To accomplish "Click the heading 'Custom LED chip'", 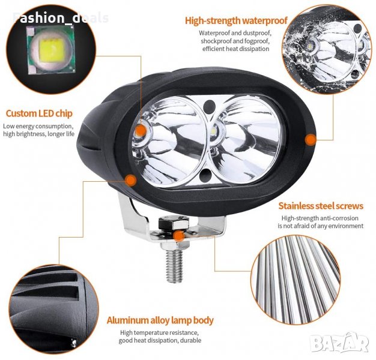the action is pos(39,113).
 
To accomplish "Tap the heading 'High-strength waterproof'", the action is pos(236,20).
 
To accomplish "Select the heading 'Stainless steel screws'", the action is pos(321,206).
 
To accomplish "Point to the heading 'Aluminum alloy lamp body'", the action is pos(160,320).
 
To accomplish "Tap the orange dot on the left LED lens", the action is pos(141,131).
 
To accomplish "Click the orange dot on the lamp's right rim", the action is pos(311,139).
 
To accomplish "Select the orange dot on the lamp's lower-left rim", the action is pos(131,180).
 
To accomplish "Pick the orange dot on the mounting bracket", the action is pos(178,236).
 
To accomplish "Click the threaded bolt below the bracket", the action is pos(175,266).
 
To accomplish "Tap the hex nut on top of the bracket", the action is pos(174,222).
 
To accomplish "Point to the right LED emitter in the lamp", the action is pos(214,131).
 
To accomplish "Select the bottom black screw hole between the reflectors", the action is pos(205,175).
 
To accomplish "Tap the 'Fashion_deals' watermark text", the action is pos(61,18).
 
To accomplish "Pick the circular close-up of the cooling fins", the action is pos(53,310).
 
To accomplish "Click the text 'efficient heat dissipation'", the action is pos(235,49).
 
